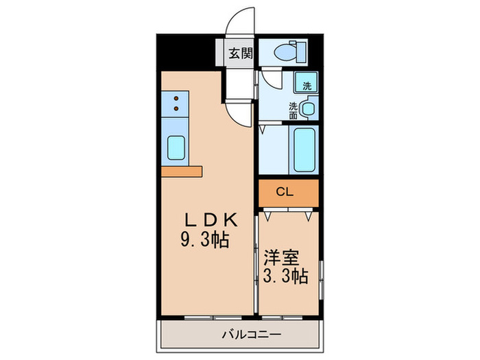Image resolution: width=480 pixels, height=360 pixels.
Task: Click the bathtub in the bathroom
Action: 303,150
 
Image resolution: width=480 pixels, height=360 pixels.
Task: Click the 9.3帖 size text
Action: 204,241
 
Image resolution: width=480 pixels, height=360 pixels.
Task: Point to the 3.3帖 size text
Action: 284,277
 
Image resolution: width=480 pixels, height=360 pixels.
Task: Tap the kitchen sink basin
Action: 178,148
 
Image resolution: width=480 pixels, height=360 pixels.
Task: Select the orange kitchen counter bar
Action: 182,169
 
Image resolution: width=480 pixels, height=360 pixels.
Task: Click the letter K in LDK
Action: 229,221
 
